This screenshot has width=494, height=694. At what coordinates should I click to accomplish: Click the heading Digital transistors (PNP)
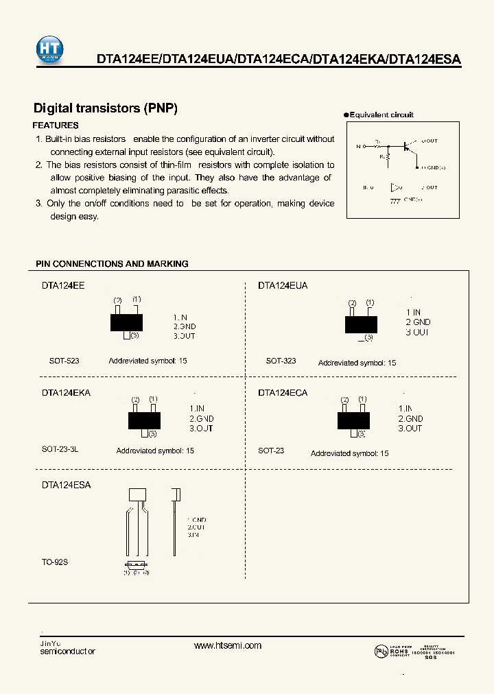(x=106, y=108)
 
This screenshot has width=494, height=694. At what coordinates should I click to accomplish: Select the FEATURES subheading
(x=56, y=125)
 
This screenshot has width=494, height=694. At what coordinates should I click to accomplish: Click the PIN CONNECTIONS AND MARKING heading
(x=112, y=264)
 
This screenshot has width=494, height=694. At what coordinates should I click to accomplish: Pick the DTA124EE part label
(x=63, y=285)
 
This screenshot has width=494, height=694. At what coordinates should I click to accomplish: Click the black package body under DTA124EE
(x=127, y=322)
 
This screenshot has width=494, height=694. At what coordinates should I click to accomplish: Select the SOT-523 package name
(x=64, y=361)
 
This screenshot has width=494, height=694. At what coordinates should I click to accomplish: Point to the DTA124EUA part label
(x=283, y=285)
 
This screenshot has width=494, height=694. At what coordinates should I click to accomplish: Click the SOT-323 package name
(x=281, y=361)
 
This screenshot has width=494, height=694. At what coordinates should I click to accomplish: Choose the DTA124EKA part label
(x=66, y=393)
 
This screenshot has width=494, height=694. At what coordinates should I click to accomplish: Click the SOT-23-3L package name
(x=60, y=450)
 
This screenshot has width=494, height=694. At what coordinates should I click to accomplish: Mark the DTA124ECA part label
(x=283, y=393)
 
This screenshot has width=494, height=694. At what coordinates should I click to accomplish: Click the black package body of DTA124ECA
(x=353, y=420)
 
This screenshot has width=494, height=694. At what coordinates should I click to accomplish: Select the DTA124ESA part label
(x=66, y=484)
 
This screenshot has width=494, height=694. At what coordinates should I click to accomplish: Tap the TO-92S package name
(x=55, y=562)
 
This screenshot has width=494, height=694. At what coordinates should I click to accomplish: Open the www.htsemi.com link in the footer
(x=228, y=645)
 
